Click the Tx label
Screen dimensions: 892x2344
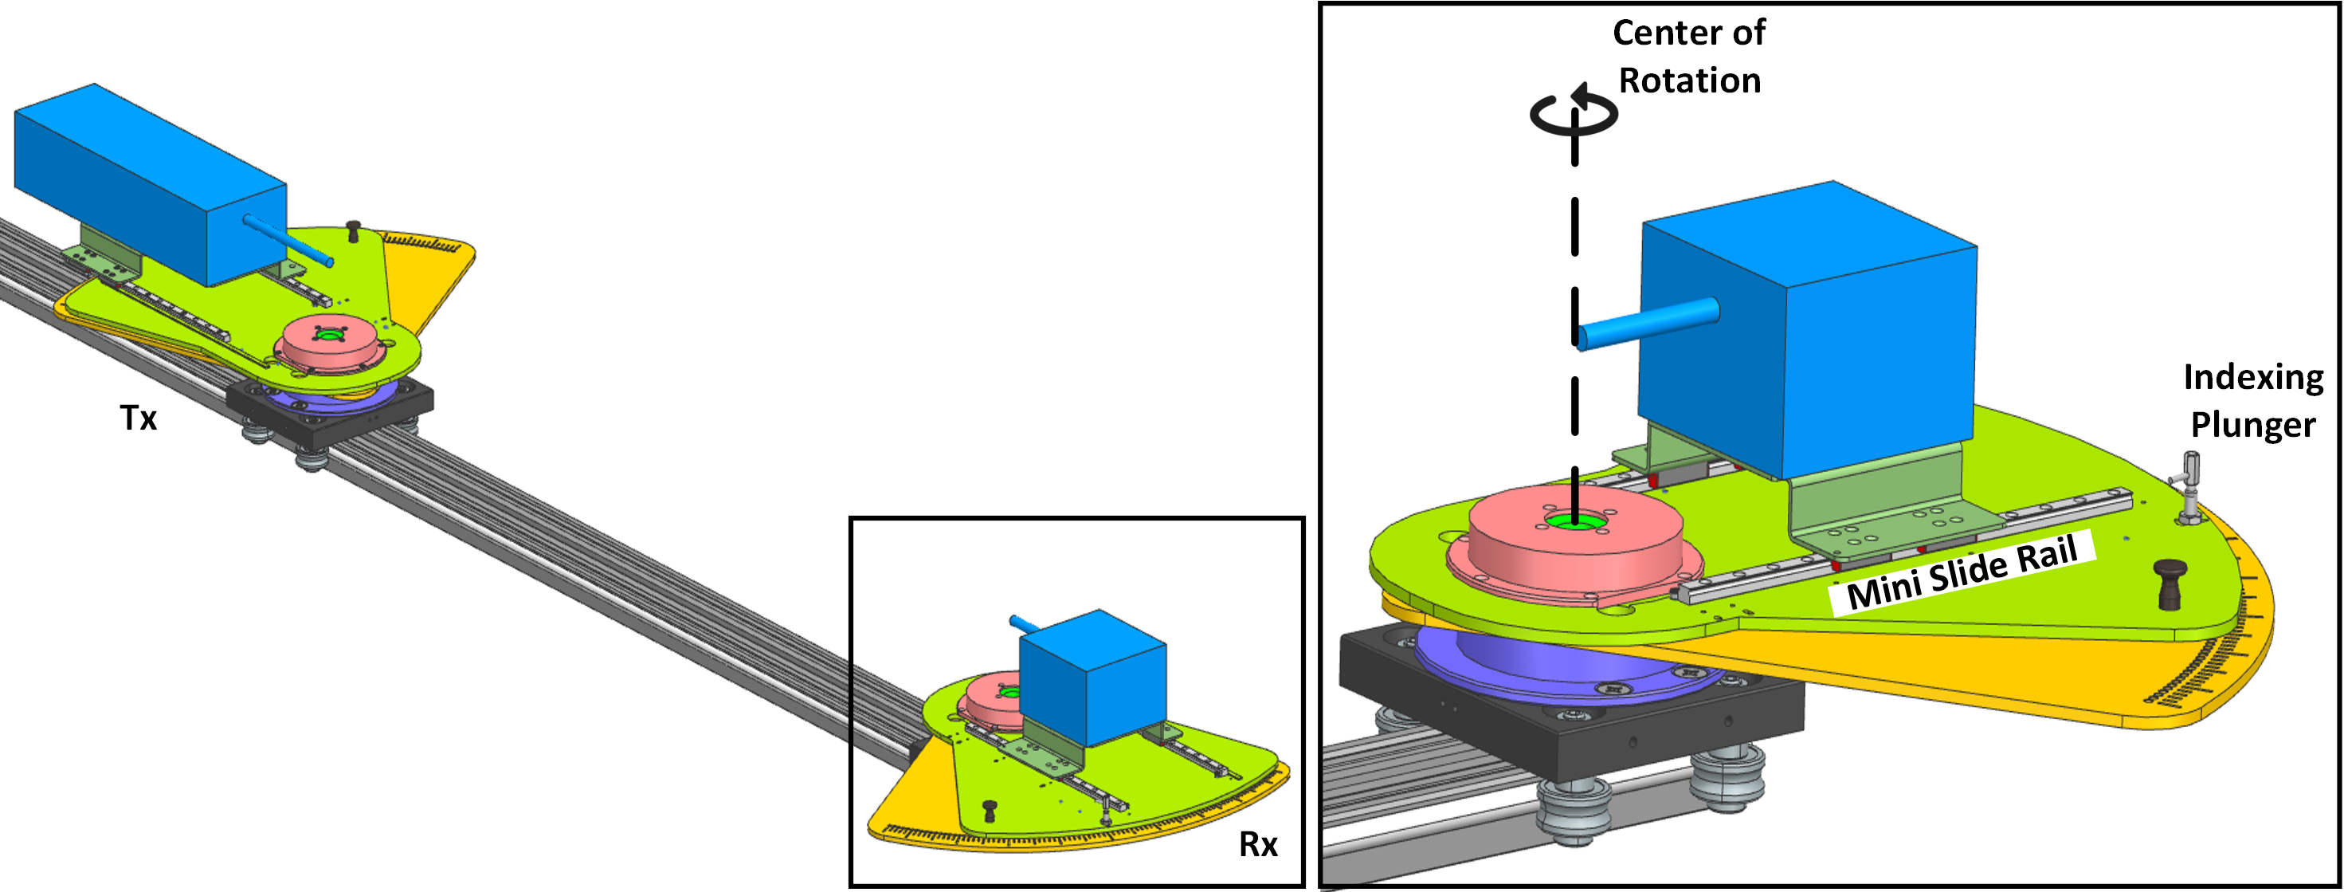pos(139,418)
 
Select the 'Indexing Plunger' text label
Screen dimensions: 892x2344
pos(2253,400)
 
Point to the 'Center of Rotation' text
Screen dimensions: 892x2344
pos(1690,57)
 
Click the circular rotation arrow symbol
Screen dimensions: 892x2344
pos(1574,112)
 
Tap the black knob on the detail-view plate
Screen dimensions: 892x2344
pos(2171,584)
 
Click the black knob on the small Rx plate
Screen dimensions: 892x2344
pos(990,809)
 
